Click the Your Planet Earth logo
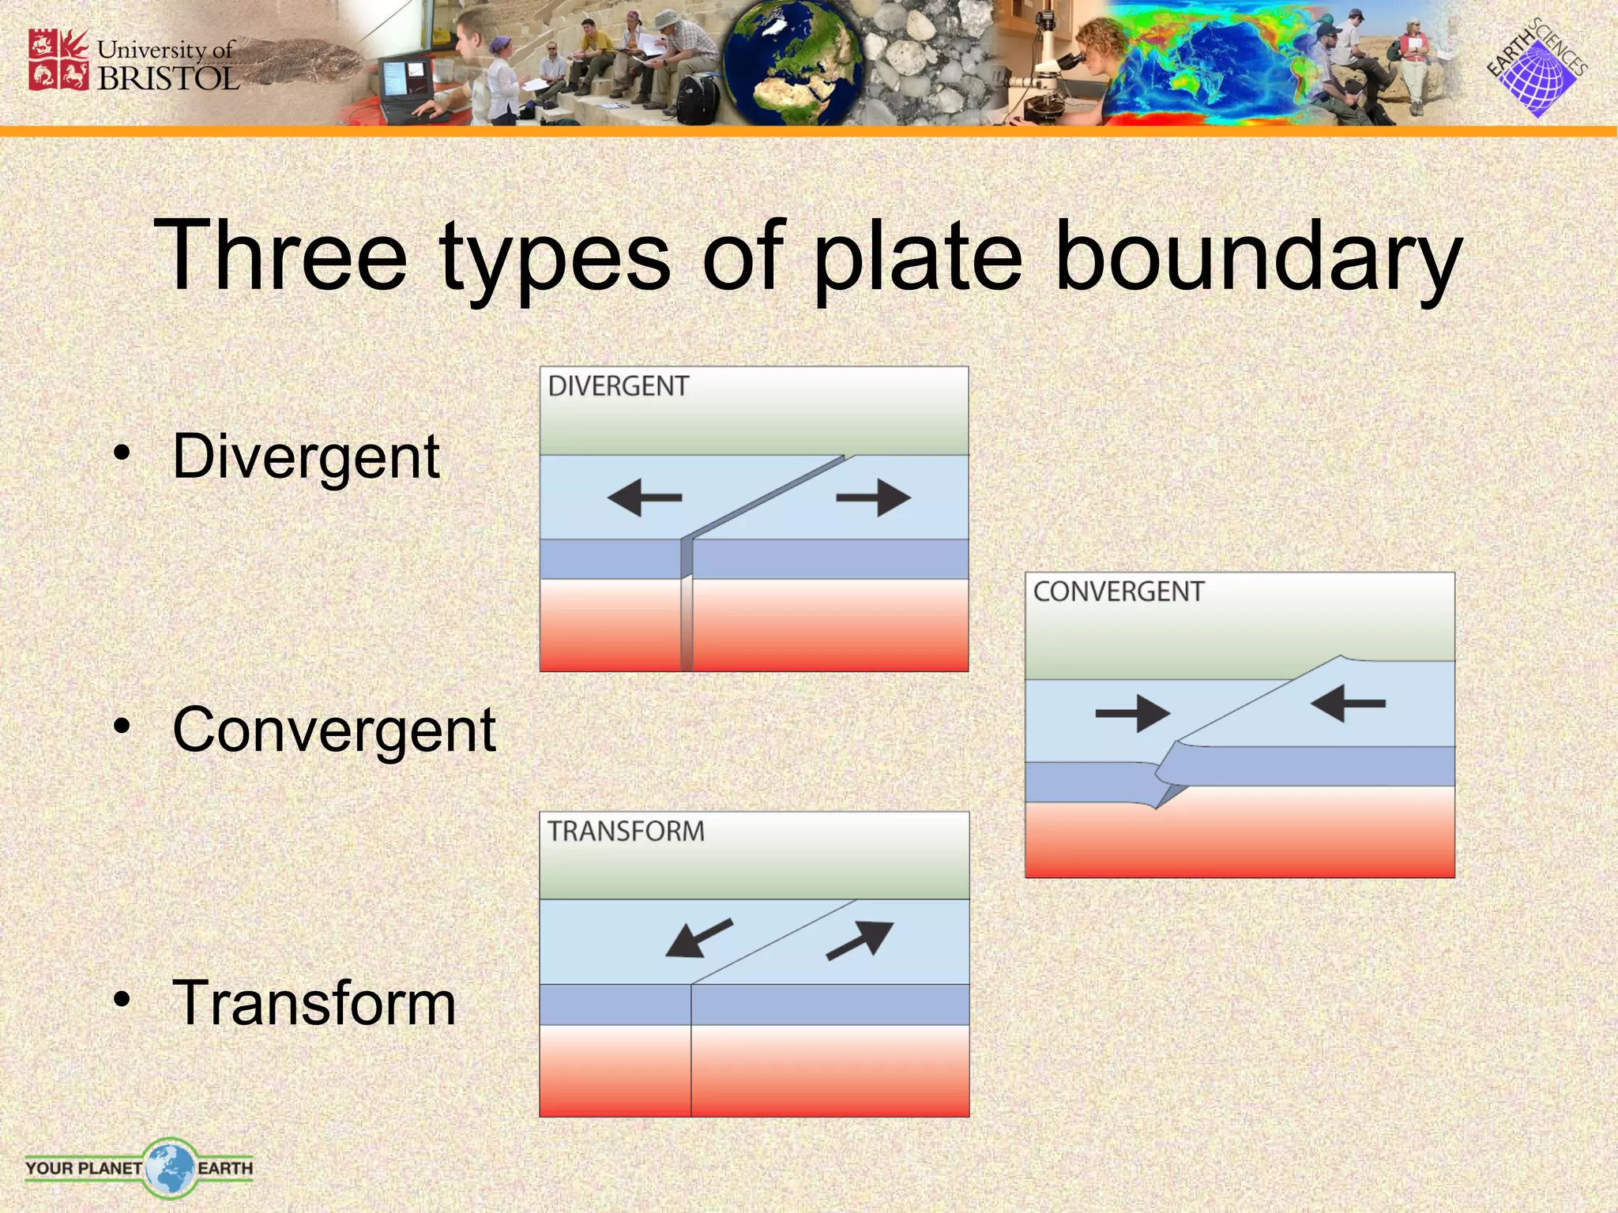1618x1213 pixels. (x=139, y=1167)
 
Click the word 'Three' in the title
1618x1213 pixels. (x=280, y=257)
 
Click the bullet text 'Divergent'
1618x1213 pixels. (x=306, y=457)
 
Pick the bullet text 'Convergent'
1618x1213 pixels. (x=333, y=730)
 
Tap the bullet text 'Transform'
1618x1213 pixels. (x=314, y=1004)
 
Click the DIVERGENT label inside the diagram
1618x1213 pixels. (x=619, y=386)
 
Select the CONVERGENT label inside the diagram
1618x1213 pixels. (x=1118, y=591)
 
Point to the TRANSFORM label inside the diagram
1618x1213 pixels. (x=626, y=832)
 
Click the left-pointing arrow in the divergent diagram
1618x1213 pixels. (x=644, y=498)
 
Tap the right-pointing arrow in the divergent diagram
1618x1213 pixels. (x=874, y=498)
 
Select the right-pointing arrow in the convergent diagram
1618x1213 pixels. (x=1132, y=714)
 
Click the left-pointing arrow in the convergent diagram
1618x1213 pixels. (x=1348, y=703)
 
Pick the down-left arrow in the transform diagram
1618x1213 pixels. (x=698, y=938)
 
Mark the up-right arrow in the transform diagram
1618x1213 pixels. (x=861, y=940)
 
